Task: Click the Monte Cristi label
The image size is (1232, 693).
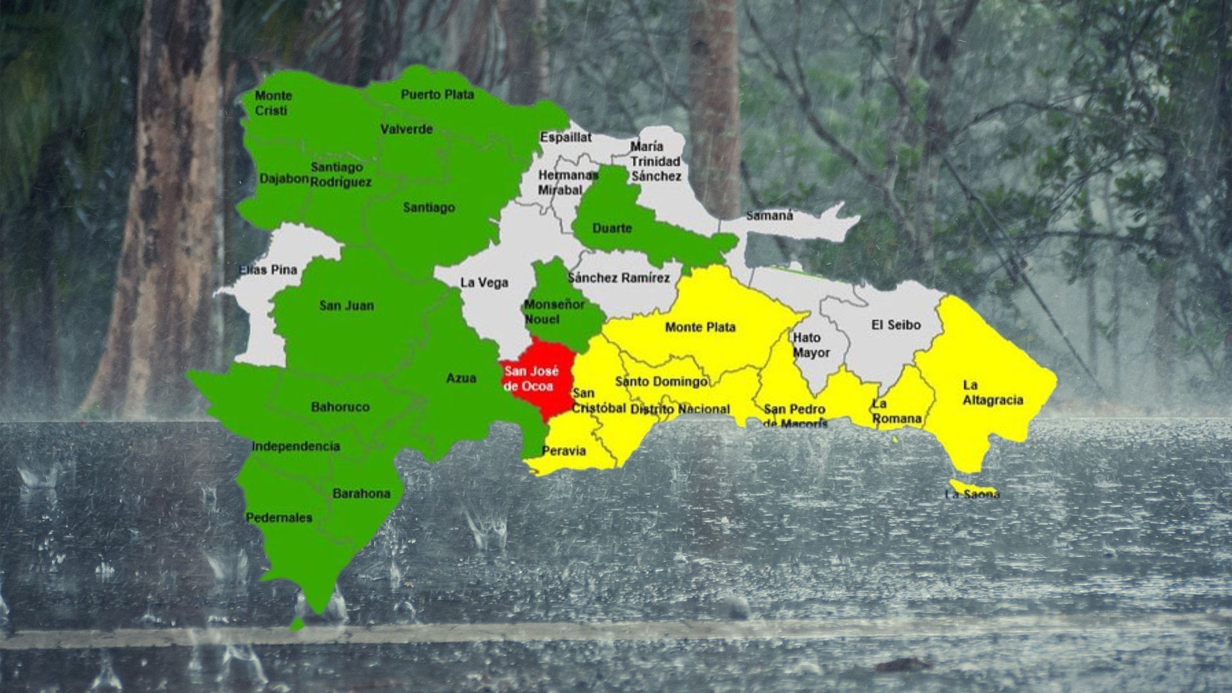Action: tap(273, 103)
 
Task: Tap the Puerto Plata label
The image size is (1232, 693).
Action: tap(438, 95)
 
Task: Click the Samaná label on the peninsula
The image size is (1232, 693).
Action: tap(769, 216)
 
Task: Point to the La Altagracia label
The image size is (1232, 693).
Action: tap(993, 393)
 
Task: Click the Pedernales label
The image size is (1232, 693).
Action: tap(278, 518)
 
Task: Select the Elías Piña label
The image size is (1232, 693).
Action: tap(268, 269)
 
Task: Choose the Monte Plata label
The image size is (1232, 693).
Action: tap(700, 327)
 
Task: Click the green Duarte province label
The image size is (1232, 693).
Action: tap(612, 228)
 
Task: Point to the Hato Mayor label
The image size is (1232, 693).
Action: tap(811, 345)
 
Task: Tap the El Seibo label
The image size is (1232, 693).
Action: tap(896, 325)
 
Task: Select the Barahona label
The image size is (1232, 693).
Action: tap(361, 494)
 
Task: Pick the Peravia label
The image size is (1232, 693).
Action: tap(563, 451)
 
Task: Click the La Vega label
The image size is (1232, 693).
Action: tap(484, 282)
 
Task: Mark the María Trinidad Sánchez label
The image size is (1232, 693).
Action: tap(655, 161)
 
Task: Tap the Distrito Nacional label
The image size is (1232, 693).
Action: tap(680, 409)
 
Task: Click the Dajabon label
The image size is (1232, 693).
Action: tap(284, 178)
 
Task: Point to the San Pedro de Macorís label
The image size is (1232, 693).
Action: tap(795, 416)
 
